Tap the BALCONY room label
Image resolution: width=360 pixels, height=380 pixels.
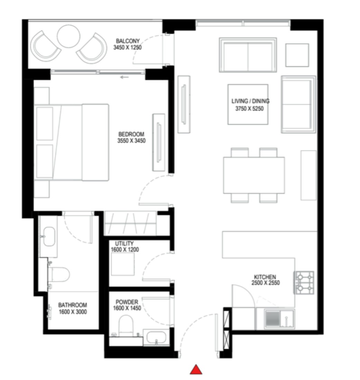[x=128, y=41]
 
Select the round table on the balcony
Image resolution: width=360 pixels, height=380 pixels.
[x=69, y=36]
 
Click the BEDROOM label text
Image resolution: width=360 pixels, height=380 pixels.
[x=131, y=134]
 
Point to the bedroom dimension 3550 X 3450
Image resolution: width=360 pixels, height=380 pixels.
[x=131, y=141]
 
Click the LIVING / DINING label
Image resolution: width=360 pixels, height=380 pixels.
[x=250, y=101]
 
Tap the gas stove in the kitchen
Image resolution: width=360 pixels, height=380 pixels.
[x=304, y=283]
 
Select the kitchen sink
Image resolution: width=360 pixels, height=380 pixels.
[x=280, y=319]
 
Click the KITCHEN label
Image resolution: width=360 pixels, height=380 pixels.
[x=265, y=277]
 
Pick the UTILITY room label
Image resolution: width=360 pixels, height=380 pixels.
[x=124, y=243]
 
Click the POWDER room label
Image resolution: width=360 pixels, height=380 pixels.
[x=127, y=302]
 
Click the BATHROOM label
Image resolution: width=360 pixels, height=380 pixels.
[x=73, y=305]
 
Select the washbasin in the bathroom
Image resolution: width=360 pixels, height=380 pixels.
[x=49, y=237]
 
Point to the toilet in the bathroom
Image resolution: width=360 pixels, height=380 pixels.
[x=59, y=275]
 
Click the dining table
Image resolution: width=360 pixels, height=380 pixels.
[x=254, y=175]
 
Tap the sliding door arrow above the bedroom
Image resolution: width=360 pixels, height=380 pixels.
[x=124, y=77]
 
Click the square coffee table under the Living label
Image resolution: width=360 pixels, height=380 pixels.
[x=248, y=104]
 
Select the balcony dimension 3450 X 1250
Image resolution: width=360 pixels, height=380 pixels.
[x=128, y=47]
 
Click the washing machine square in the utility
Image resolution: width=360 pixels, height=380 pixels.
[x=123, y=264]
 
